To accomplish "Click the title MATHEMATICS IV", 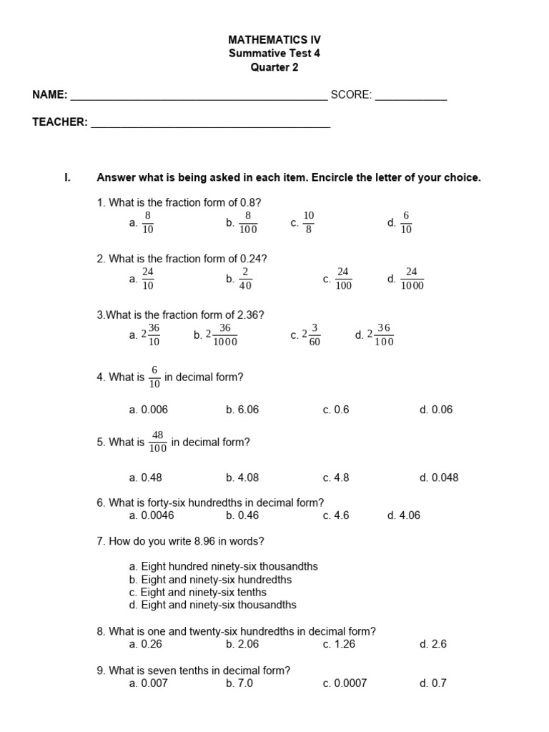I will point(274,39).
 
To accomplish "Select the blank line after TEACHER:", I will point(211,127).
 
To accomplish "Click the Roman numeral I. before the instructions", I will point(67,177).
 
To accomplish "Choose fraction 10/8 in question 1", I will point(309,222).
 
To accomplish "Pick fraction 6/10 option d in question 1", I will point(406,222).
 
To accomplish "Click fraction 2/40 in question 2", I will point(245,279).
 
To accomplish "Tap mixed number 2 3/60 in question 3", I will point(312,335).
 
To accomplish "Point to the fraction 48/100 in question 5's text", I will point(158,442).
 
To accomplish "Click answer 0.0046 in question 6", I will point(157,515).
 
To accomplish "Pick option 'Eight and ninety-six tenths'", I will point(204,592).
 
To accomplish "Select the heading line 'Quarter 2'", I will point(274,68).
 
